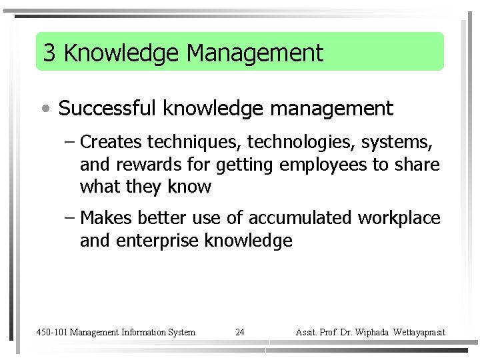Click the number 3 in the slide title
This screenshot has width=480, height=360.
(49, 53)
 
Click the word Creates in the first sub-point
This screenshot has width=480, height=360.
(111, 142)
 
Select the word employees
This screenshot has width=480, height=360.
(323, 165)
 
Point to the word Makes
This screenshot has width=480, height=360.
(106, 218)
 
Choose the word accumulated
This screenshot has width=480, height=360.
(300, 218)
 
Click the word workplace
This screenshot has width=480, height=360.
(399, 218)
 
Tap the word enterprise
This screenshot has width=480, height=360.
(157, 241)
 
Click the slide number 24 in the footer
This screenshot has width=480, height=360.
(240, 332)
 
